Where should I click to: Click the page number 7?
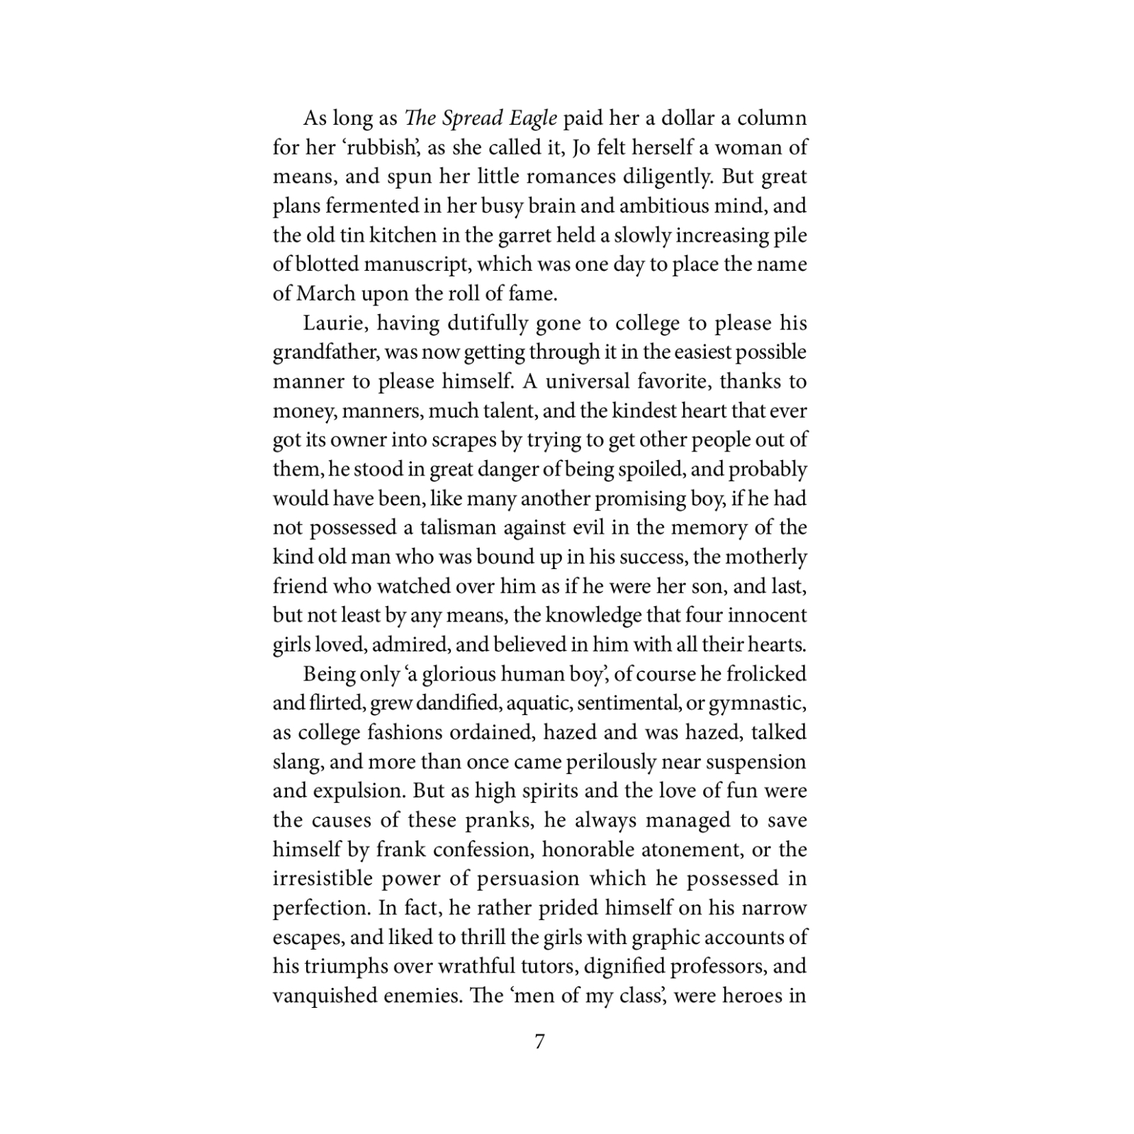tap(539, 1042)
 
